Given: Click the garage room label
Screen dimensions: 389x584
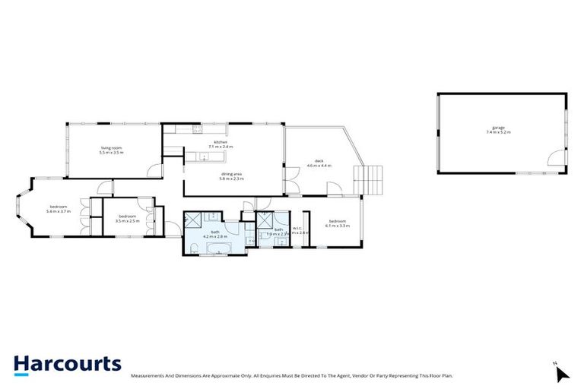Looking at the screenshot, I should pyautogui.click(x=498, y=130).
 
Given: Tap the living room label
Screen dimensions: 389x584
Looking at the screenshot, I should pyautogui.click(x=111, y=150).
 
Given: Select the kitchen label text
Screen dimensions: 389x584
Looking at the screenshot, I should pyautogui.click(x=221, y=144).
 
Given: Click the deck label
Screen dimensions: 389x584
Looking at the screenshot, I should pyautogui.click(x=320, y=163).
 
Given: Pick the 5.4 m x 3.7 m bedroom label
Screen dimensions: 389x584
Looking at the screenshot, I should pyautogui.click(x=59, y=209).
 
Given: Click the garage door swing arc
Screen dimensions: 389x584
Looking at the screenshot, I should pyautogui.click(x=559, y=160).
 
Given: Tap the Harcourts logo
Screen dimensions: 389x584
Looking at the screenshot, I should pyautogui.click(x=67, y=365).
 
